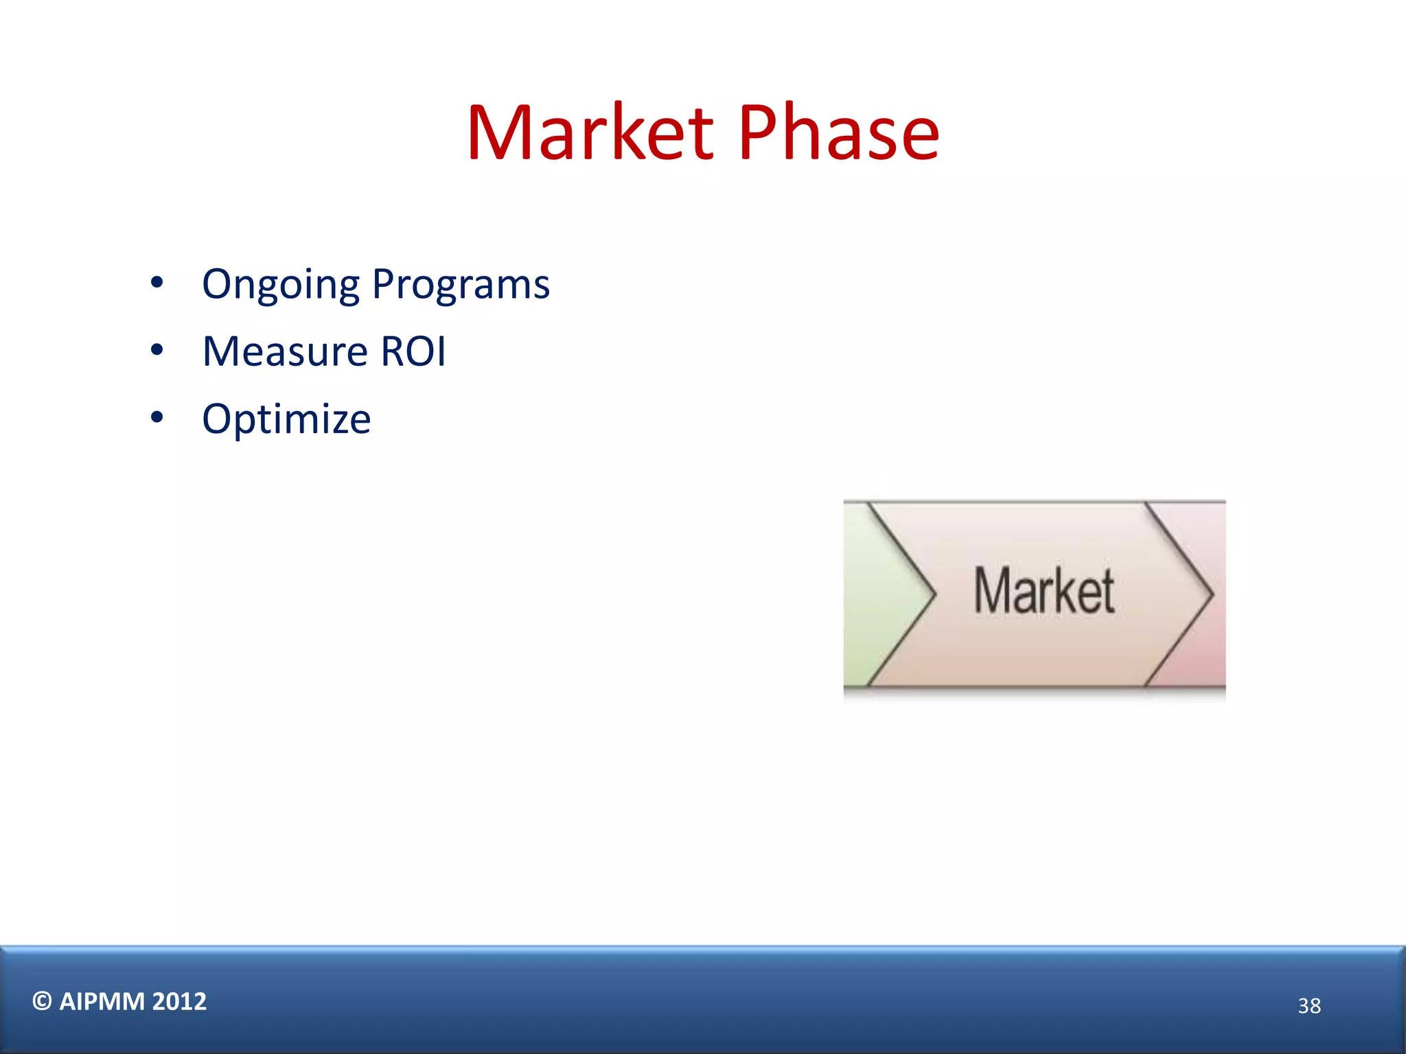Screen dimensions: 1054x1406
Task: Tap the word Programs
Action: click(461, 285)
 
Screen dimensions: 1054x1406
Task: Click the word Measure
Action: click(285, 351)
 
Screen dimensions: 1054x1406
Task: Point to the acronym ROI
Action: click(413, 351)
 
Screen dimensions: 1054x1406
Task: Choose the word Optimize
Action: click(286, 419)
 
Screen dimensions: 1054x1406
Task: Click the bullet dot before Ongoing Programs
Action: click(157, 283)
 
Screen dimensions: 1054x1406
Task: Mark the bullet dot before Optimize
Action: click(157, 417)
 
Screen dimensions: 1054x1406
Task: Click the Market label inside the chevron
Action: click(1044, 591)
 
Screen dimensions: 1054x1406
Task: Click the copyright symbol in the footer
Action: click(42, 1002)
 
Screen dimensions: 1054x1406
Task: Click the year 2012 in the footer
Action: click(179, 1002)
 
